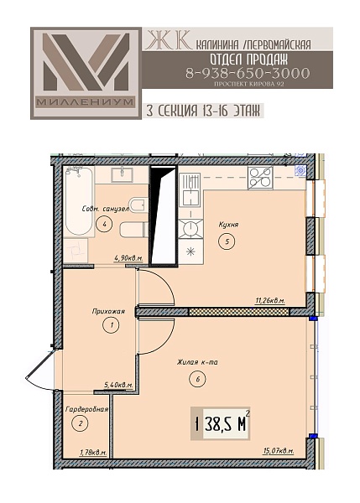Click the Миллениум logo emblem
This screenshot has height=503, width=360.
click(86, 73)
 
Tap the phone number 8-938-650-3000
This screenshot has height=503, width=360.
click(248, 74)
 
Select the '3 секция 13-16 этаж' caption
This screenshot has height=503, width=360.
click(203, 111)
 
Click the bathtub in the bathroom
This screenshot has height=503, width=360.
click(79, 201)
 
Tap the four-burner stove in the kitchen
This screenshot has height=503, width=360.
click(260, 178)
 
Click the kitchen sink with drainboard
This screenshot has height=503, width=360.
click(190, 189)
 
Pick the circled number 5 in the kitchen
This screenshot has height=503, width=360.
click(227, 241)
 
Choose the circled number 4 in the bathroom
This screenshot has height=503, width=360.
click(104, 224)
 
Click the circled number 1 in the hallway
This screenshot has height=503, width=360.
click(111, 325)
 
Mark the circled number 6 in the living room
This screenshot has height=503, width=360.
click(197, 379)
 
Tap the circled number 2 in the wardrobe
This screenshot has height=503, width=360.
click(81, 423)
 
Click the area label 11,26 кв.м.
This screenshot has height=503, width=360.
click(270, 301)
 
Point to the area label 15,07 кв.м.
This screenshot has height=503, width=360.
click(279, 451)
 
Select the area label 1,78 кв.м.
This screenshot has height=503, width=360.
click(93, 453)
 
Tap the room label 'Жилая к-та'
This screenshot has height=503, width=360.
click(197, 362)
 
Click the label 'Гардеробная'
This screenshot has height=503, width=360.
click(86, 409)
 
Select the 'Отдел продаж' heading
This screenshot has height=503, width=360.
click(249, 59)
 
